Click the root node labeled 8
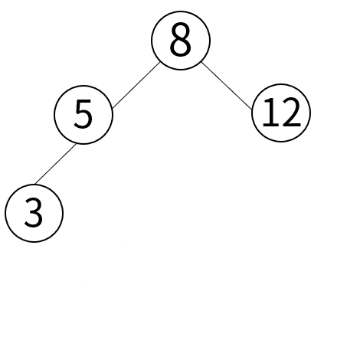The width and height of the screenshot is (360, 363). [181, 40]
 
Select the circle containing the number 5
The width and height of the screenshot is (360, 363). [83, 115]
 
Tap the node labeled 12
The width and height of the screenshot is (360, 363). [281, 113]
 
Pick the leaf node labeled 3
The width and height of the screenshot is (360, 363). [34, 213]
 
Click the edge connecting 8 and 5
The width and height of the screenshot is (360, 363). [136, 85]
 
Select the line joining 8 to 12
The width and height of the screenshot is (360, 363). [227, 86]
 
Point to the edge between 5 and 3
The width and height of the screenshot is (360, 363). [55, 164]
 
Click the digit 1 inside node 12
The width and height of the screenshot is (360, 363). [269, 113]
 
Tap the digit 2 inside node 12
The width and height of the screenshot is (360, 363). [290, 113]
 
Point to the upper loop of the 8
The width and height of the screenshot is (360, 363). [181, 32]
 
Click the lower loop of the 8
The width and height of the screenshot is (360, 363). [181, 48]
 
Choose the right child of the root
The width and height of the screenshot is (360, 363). [281, 113]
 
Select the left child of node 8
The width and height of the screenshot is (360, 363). [83, 115]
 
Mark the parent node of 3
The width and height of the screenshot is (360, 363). [83, 115]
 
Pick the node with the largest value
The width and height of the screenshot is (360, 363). [281, 113]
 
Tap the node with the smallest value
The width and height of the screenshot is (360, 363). [34, 213]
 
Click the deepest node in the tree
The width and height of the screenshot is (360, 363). [34, 213]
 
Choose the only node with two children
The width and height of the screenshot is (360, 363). [181, 40]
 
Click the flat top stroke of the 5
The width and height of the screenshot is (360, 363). [84, 102]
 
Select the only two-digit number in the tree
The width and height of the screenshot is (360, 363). [282, 113]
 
